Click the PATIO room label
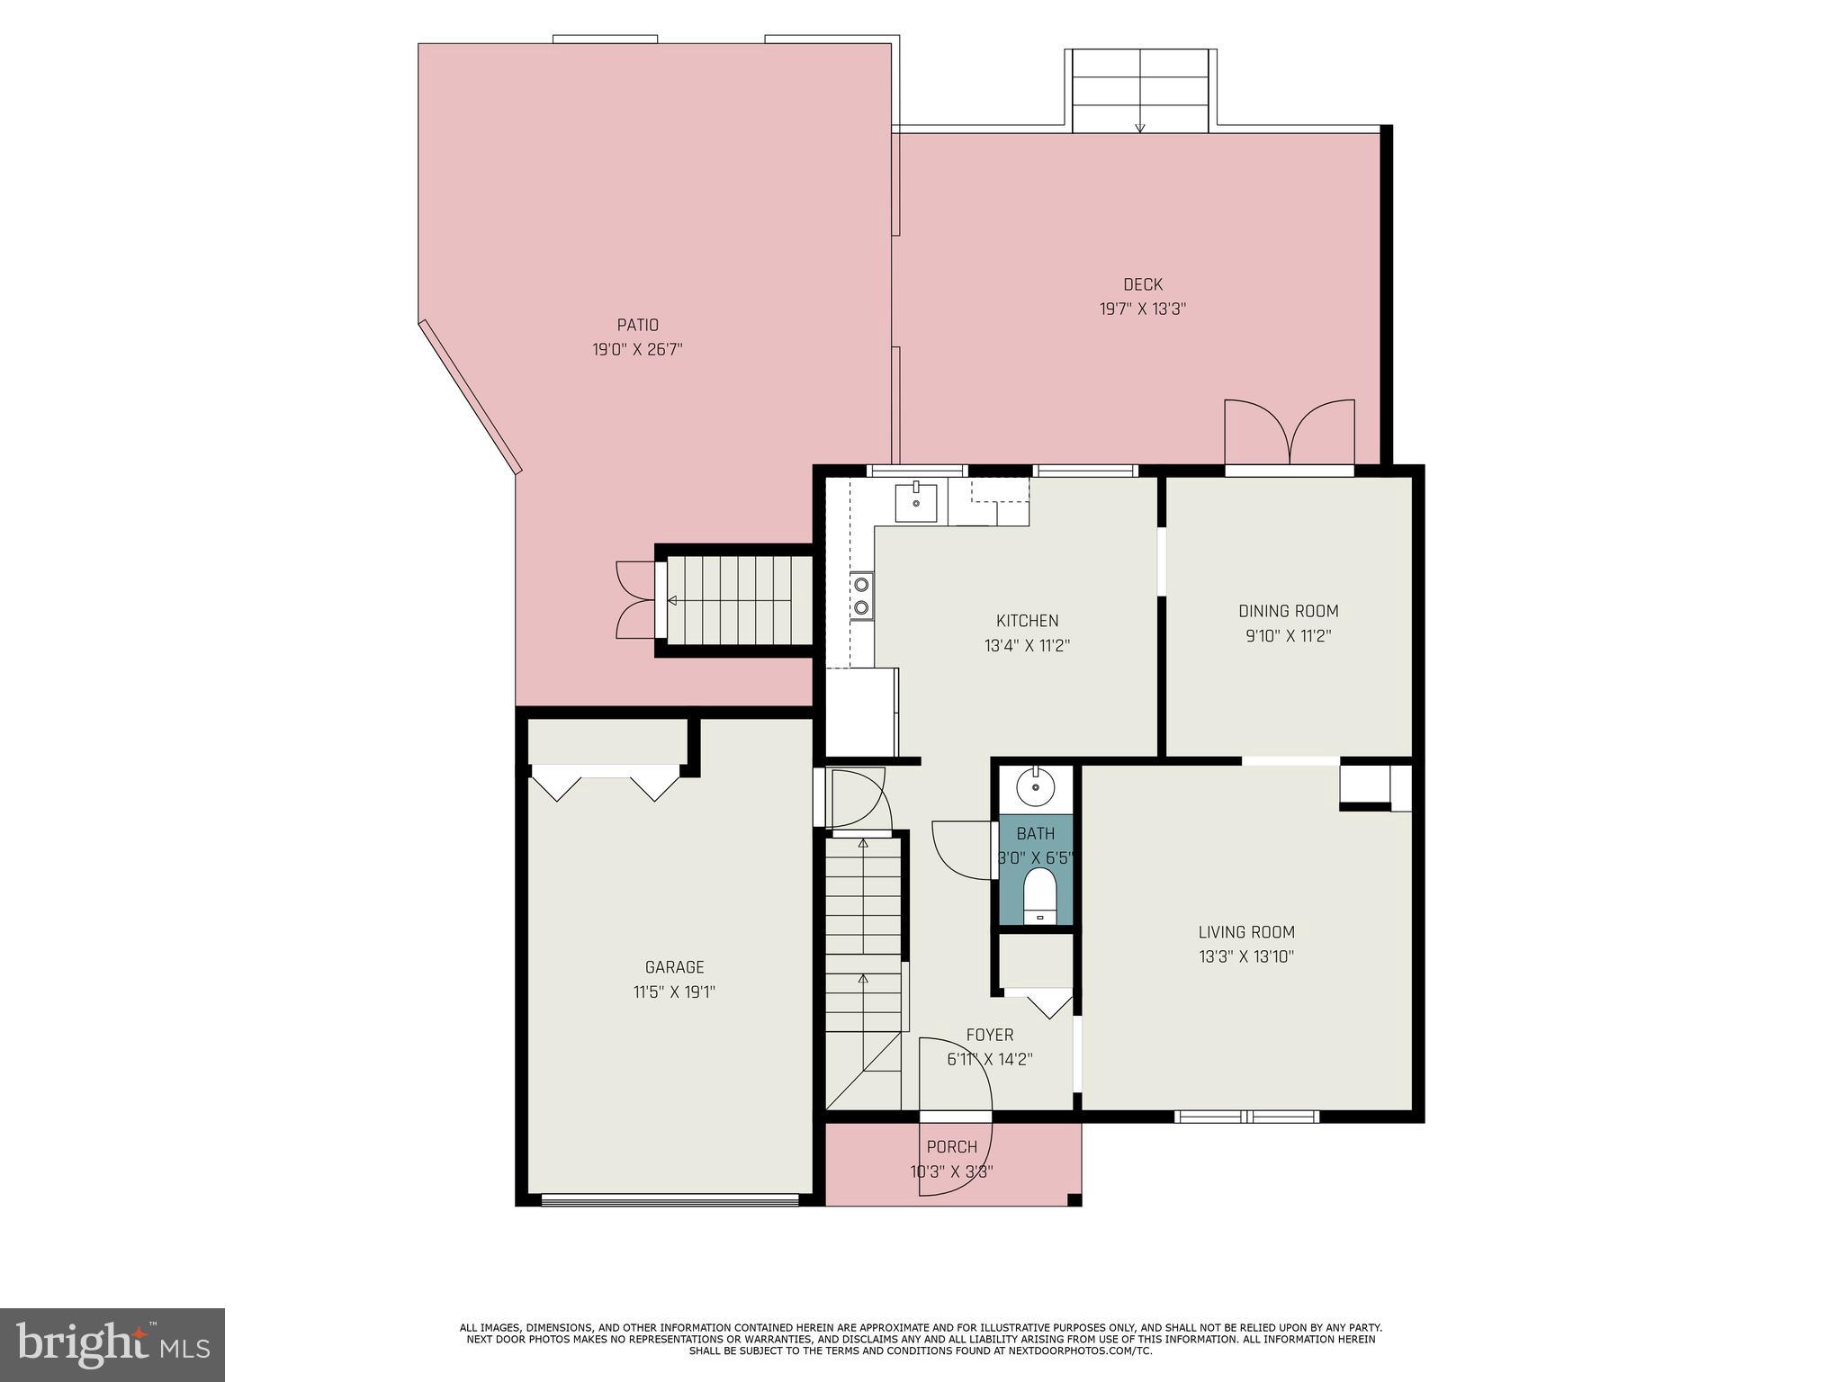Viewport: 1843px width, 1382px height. pos(637,325)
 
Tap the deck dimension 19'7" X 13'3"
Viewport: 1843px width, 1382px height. pos(1143,309)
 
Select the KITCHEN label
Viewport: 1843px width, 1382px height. pos(1027,621)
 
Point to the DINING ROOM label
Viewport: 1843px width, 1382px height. pos(1288,611)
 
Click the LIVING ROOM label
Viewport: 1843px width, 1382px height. pos(1246,932)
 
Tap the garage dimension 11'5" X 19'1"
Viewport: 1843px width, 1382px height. pos(674,992)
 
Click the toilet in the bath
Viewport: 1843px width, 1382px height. pos(1038,894)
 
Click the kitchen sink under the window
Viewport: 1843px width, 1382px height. pos(915,503)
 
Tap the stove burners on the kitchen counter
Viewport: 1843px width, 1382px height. pos(862,596)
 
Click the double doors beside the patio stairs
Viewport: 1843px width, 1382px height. pos(635,600)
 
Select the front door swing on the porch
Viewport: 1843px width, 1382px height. pos(956,1116)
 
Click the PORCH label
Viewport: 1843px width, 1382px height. pos(951,1147)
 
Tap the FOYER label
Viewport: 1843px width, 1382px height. pos(989,1035)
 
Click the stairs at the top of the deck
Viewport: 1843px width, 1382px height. pos(1139,90)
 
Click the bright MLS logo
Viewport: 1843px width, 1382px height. pos(112,1344)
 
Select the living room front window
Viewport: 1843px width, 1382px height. pos(1246,1117)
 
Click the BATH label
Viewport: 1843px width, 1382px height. pos(1035,833)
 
